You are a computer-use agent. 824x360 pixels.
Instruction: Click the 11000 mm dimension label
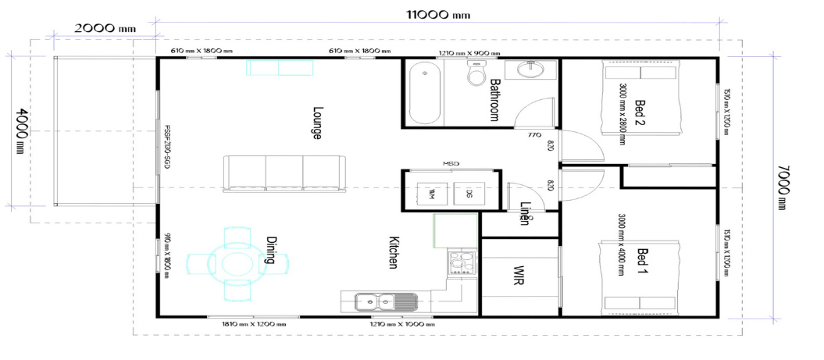437,14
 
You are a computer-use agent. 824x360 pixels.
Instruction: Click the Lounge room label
317,123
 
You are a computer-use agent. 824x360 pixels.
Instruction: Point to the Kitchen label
394,253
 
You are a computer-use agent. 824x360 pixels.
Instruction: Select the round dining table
236,263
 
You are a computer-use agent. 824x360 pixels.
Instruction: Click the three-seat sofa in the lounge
284,173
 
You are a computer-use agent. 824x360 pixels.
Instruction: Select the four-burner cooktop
462,262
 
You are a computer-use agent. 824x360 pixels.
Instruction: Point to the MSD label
451,163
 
